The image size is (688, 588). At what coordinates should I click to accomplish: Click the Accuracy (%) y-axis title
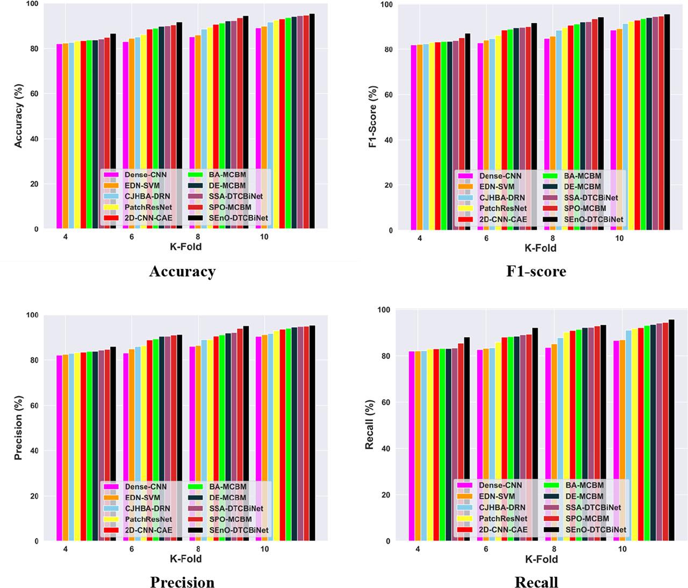click(19, 115)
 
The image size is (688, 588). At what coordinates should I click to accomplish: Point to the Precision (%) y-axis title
click(19, 428)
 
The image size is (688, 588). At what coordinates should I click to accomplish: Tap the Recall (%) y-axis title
click(370, 425)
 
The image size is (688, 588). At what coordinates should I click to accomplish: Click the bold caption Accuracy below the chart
click(182, 272)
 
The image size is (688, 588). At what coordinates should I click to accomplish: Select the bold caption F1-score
click(536, 271)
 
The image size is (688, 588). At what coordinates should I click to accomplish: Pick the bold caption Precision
click(182, 583)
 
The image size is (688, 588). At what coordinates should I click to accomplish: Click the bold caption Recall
click(536, 583)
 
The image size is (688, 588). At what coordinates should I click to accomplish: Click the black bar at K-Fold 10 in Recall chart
click(671, 430)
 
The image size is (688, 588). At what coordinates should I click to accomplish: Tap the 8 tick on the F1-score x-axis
click(553, 238)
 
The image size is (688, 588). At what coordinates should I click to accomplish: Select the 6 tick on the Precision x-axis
click(132, 549)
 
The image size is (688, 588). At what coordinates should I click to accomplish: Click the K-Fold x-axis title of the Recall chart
click(541, 559)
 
